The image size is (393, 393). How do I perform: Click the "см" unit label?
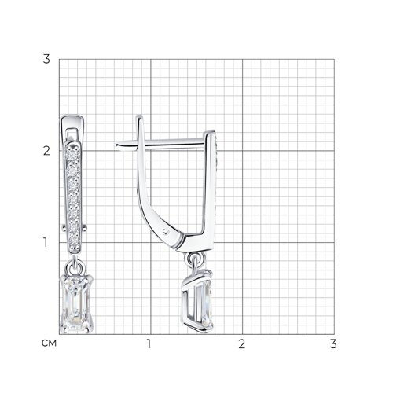coord(49,343)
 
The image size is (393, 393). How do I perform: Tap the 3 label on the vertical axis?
coord(46,59)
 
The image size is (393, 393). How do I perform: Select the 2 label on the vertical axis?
coord(46,151)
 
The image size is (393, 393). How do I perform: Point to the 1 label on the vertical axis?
coord(46,242)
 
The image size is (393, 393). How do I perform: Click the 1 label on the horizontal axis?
coord(149,343)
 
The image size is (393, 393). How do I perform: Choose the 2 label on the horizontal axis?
coord(241,343)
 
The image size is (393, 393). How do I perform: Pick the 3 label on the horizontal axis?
coord(333,343)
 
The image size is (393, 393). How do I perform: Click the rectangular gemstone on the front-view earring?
coord(76,303)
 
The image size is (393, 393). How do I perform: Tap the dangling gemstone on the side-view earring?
coord(198,301)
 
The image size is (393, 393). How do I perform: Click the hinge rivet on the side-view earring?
coord(165,231)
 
